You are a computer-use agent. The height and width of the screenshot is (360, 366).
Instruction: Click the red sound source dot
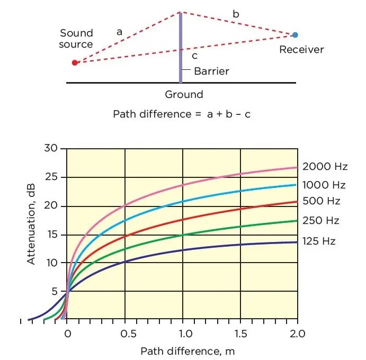click(x=75, y=62)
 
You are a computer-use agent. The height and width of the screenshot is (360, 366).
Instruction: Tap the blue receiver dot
click(x=295, y=35)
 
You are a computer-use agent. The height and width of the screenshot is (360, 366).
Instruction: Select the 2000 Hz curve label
click(x=325, y=167)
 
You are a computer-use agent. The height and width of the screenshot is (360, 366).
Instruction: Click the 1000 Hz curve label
click(x=324, y=185)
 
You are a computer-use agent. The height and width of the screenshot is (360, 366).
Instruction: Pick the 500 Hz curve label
click(x=321, y=201)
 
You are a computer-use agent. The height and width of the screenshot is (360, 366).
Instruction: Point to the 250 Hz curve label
click(x=321, y=221)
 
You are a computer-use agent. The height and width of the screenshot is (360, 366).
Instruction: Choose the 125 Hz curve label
click(x=319, y=241)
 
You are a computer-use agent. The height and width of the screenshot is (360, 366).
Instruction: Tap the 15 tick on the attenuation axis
click(x=51, y=235)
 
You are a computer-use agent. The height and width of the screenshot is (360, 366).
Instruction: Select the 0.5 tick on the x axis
click(x=125, y=334)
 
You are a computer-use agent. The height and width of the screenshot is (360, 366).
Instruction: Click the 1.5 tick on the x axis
click(x=240, y=334)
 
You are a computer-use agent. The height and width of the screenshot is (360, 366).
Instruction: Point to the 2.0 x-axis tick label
click(x=298, y=334)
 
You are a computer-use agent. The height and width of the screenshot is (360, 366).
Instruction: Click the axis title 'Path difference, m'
click(x=188, y=350)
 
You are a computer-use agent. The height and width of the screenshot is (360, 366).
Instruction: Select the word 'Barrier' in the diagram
click(x=211, y=71)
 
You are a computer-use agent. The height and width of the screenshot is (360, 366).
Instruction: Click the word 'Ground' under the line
click(x=184, y=95)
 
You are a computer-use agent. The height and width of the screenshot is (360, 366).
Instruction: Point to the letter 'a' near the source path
click(x=120, y=32)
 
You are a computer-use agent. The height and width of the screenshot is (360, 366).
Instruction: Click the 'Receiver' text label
click(x=301, y=50)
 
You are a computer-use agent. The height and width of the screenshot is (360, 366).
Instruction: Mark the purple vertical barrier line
click(x=181, y=48)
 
